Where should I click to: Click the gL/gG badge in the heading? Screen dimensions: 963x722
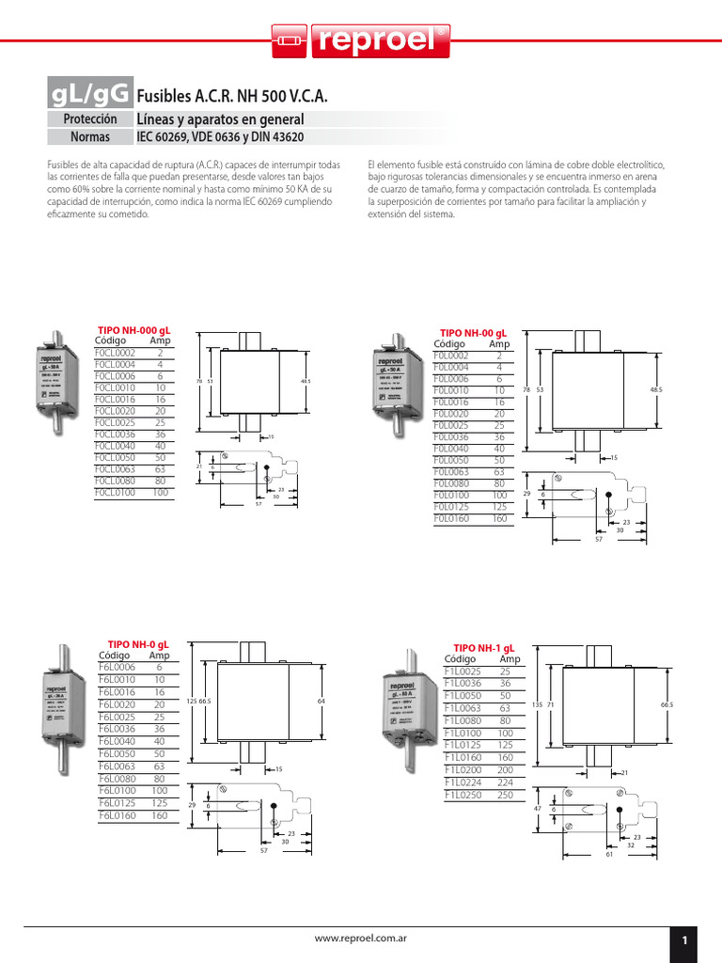click(90, 94)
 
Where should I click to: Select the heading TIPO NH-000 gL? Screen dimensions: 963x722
click(134, 330)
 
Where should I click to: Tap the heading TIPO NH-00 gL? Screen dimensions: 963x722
click(474, 333)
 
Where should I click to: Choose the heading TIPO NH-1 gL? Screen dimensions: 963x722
click(484, 649)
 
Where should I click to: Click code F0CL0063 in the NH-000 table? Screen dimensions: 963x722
click(115, 468)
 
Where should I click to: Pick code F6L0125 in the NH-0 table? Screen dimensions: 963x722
click(118, 803)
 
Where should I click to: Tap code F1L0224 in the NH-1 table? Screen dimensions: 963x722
click(463, 782)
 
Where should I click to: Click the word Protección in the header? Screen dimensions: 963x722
click(90, 119)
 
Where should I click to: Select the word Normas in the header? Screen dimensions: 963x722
click(90, 137)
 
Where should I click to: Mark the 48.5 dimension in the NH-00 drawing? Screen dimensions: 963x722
click(655, 388)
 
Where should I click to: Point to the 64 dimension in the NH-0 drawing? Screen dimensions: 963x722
click(321, 702)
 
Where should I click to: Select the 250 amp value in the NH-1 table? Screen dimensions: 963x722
click(505, 795)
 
